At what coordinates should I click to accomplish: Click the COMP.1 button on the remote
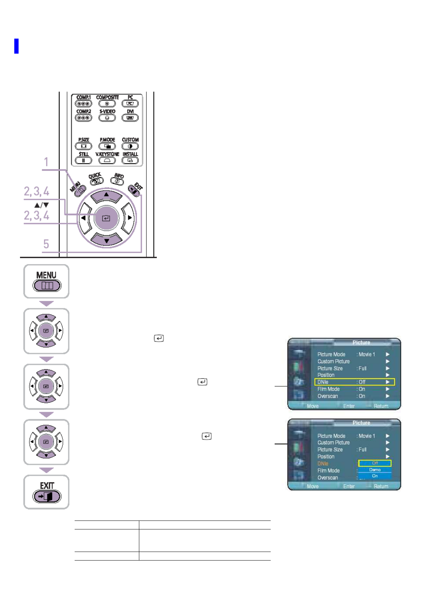84,103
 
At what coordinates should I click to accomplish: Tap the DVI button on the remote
130,118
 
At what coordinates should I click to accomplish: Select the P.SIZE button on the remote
84,146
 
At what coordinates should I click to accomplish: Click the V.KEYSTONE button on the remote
107,160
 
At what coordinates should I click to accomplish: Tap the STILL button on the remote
84,160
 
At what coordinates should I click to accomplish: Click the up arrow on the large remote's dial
106,195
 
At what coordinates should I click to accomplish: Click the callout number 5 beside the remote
46,244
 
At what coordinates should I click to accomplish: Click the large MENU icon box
46,281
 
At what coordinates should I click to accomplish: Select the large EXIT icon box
46,492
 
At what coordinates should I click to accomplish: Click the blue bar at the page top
16,46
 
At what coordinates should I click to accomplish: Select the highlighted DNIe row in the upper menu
354,382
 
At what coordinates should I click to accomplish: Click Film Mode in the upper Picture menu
329,389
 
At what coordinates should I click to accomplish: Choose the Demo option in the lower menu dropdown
375,470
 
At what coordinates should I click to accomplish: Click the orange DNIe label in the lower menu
323,464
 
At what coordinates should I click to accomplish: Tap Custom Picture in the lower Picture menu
334,443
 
